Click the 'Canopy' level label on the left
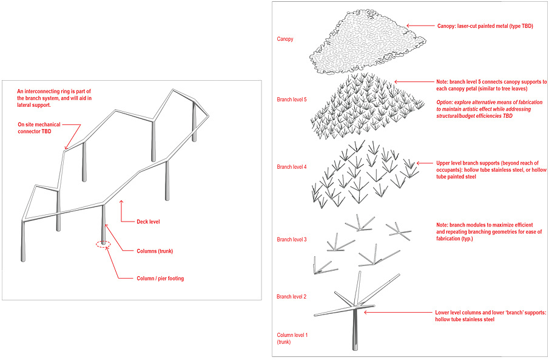tap(285, 39)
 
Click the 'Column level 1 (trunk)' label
tap(293, 338)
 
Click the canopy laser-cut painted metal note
tap(485, 26)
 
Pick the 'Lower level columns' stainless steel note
tap(491, 316)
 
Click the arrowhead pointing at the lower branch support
tap(366, 312)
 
